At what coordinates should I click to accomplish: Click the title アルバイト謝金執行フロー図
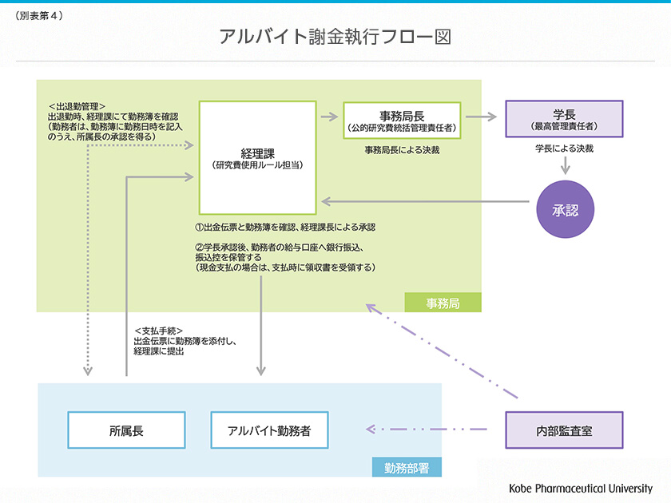click(x=335, y=37)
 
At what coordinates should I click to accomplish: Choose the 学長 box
click(x=564, y=119)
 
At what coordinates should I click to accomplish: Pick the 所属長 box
click(x=126, y=430)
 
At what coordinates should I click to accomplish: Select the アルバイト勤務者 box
click(x=269, y=430)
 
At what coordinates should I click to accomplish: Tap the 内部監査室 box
click(x=564, y=430)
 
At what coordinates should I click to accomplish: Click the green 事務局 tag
click(x=443, y=303)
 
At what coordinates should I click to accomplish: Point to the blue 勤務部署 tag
click(x=407, y=467)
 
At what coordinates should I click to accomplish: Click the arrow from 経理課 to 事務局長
click(x=328, y=116)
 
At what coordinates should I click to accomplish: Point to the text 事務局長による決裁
click(x=402, y=149)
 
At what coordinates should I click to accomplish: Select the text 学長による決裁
click(x=564, y=149)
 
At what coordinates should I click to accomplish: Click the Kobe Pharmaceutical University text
click(x=581, y=488)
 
